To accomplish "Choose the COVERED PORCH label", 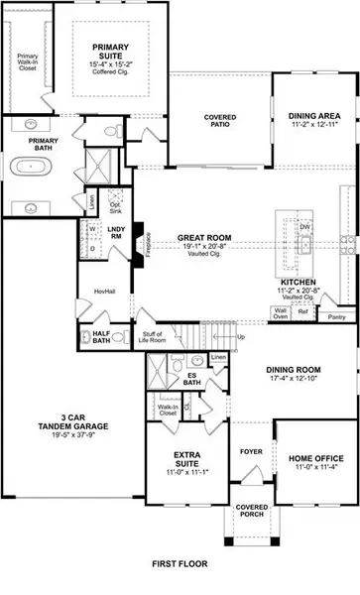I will [251, 511].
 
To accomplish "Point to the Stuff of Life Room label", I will [154, 338].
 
